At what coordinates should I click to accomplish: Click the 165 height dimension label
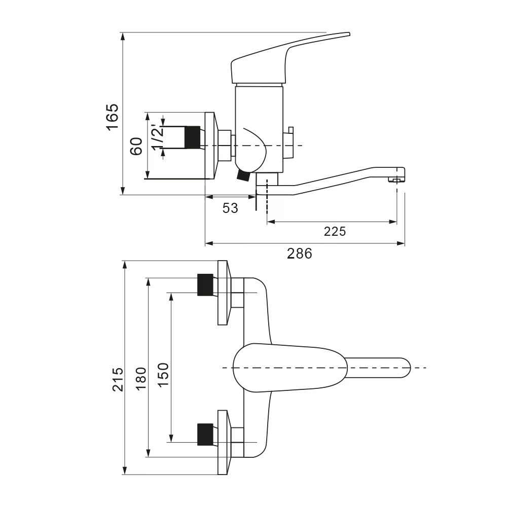pos(112,117)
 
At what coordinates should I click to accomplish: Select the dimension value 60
pos(135,147)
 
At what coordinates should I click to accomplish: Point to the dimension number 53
pos(230,208)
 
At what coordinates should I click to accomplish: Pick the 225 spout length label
pos(335,232)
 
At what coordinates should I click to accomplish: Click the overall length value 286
pos(300,253)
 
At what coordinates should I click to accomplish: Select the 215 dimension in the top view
pos(118,379)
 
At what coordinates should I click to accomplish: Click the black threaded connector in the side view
pos(192,137)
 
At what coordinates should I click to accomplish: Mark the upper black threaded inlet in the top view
pos(205,284)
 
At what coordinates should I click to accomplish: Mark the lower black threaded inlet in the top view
pos(205,434)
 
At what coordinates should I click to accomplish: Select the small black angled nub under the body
pos(243,175)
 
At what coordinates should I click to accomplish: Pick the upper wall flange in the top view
pos(223,293)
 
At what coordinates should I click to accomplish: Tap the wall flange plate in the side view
pos(210,146)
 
